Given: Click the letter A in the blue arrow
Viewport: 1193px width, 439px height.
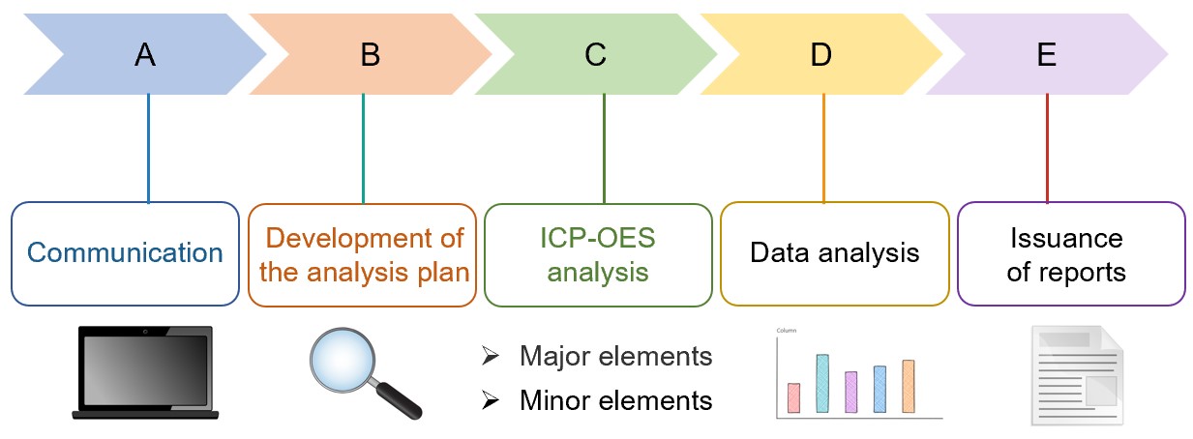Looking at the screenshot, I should tap(145, 55).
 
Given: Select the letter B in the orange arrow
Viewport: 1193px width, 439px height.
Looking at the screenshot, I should tap(371, 55).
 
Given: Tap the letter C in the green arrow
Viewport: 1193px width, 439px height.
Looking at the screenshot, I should tap(595, 55).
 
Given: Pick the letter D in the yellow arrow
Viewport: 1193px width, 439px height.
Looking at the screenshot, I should tap(820, 55).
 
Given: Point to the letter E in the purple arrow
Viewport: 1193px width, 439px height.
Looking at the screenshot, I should tap(1046, 55).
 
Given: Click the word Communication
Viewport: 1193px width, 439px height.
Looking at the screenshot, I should tap(125, 253).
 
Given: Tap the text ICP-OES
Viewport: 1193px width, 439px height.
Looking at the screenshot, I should tap(596, 238).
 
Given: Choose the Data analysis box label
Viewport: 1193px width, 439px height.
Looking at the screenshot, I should tap(834, 253).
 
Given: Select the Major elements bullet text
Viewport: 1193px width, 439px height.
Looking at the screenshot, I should tap(615, 357).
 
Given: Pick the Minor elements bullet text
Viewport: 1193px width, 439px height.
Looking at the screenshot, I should tap(615, 399).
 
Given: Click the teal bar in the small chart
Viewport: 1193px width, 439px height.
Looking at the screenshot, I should tap(822, 383).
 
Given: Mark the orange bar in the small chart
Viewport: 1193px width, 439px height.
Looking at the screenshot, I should tap(908, 386).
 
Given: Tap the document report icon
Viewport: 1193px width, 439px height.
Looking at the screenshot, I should tap(1074, 376).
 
